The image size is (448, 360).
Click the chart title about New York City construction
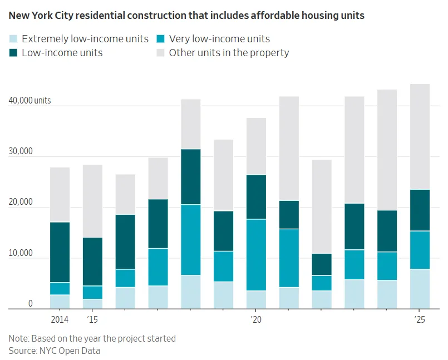pos(186,16)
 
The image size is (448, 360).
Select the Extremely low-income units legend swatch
pos(13,39)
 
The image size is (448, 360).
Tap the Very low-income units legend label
pos(219,39)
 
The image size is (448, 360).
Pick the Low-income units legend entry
pos(62,53)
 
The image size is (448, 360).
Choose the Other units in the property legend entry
pos(229,53)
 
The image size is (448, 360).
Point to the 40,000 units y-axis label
pos(29,101)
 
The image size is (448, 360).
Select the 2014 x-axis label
pos(60,320)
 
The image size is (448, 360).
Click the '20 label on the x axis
pos(255,320)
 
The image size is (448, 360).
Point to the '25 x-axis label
pos(420,320)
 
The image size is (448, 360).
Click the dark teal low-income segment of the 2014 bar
pos(60,252)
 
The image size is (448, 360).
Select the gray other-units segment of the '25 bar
pos(420,137)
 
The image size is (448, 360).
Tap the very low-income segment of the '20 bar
pos(256,255)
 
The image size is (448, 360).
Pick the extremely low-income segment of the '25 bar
pos(420,289)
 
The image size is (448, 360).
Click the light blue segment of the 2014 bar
pos(60,302)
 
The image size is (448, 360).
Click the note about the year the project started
pos(92,338)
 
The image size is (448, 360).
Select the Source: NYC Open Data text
pos(55,351)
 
